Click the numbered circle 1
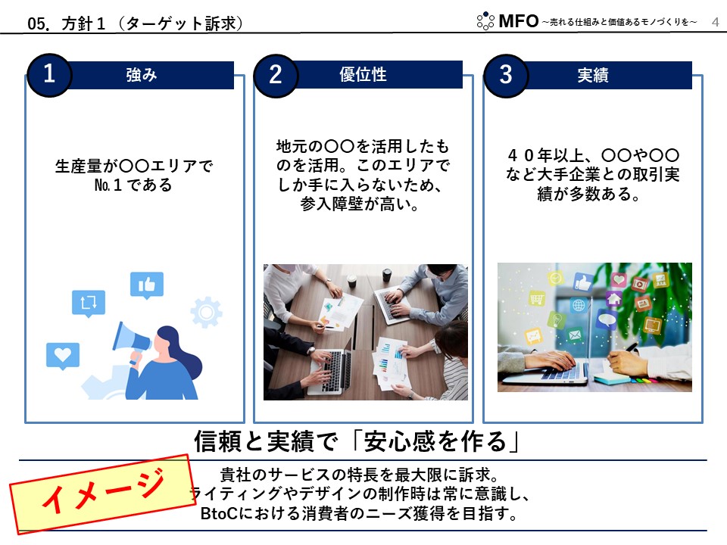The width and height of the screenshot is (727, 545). (49, 75)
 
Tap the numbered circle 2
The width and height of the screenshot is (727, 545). (276, 76)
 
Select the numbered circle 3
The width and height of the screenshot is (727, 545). (505, 76)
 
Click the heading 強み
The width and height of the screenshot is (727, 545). (142, 75)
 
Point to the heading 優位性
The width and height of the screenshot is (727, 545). (363, 74)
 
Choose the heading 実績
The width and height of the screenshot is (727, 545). (592, 75)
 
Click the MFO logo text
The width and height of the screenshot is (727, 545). (518, 21)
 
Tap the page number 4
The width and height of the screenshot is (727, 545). (716, 22)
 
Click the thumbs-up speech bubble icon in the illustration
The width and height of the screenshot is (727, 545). (146, 285)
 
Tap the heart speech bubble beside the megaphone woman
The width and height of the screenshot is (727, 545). (63, 356)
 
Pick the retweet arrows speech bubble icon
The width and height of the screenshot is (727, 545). (89, 304)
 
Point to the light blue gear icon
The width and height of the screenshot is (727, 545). (206, 312)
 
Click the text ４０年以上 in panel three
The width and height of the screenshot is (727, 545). (545, 155)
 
